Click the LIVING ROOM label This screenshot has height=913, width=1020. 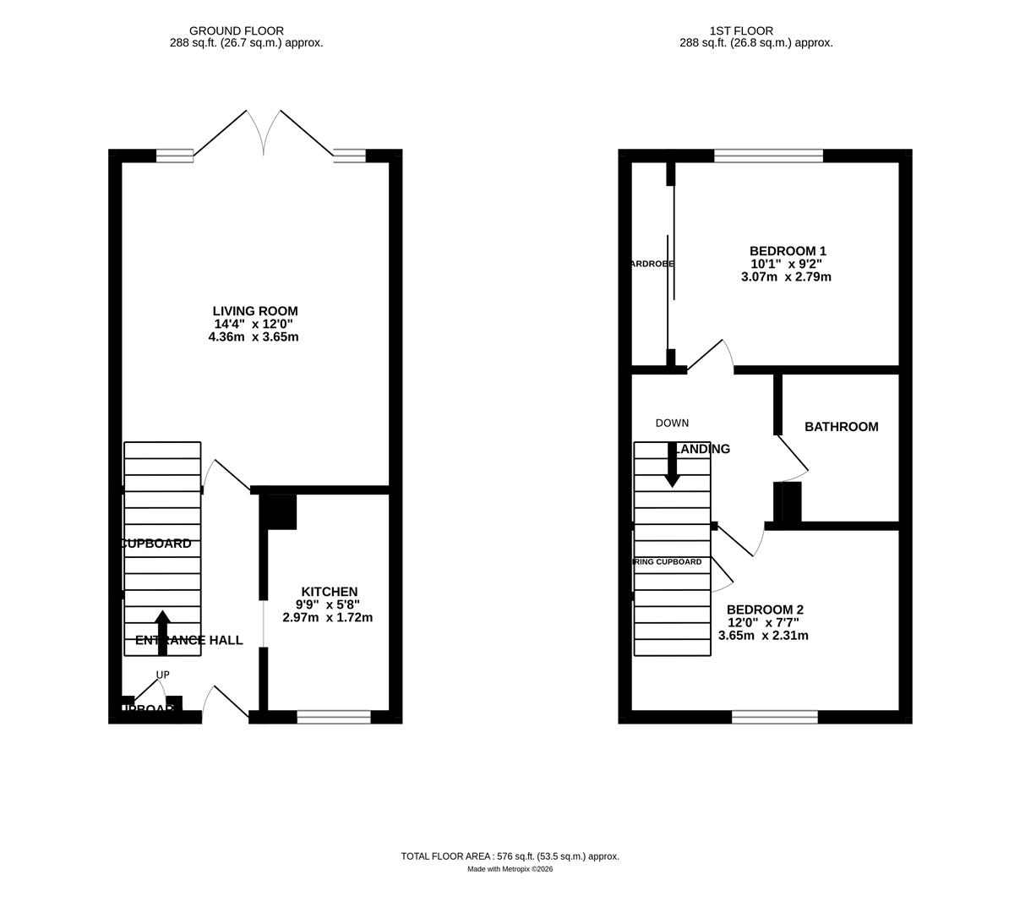254,311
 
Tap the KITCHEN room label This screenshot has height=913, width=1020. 330,592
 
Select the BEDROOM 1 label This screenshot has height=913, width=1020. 788,251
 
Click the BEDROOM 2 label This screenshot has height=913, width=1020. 765,610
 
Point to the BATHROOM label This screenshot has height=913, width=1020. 841,427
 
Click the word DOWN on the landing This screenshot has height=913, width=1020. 672,424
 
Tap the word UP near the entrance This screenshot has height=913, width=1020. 162,675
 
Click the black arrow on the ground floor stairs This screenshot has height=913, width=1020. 162,632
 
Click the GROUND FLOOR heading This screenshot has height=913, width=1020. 236,31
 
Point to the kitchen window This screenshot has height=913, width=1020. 334,718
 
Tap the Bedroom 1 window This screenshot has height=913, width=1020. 768,156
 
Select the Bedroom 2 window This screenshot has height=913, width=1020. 774,718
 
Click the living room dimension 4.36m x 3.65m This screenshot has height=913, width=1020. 254,336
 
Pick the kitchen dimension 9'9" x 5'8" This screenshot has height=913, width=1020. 328,604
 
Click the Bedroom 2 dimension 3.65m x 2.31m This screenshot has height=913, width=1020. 763,636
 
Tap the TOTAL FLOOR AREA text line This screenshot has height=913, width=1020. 510,856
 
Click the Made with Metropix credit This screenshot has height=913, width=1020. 510,869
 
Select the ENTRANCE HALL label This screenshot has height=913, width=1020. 189,641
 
